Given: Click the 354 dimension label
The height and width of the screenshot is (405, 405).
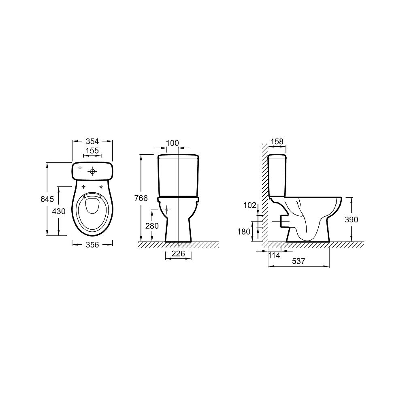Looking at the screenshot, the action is [92, 141].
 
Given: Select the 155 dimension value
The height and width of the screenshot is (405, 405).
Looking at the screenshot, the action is [92, 150].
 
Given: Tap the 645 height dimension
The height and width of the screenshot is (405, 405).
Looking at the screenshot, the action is [47, 199].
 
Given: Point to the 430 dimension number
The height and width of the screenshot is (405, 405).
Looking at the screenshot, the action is [59, 211].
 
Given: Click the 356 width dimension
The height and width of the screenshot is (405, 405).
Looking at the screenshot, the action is [92, 244].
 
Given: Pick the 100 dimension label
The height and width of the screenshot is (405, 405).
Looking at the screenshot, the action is [172, 143].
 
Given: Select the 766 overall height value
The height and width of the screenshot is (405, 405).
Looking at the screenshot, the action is [141, 198].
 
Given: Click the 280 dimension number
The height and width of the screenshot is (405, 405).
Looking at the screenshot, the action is [152, 226].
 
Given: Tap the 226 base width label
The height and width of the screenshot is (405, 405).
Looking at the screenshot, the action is [178, 254].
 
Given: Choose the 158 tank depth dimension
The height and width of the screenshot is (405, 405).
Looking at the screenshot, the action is [277, 141].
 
